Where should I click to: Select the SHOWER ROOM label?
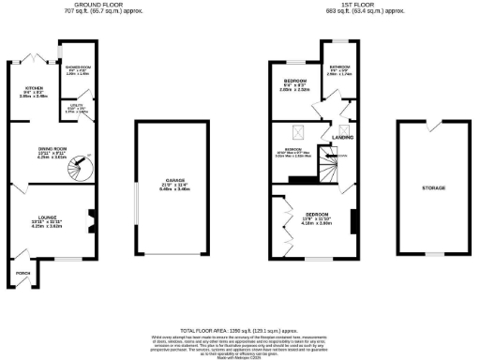[x=76, y=67]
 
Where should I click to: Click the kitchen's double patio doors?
[x=37, y=56]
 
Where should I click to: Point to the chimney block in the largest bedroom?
[x=354, y=222]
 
